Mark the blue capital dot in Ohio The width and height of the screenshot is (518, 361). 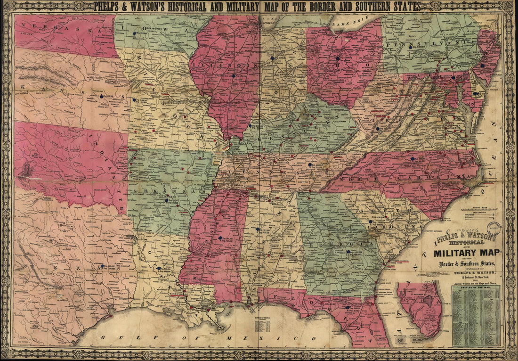(x=338, y=58)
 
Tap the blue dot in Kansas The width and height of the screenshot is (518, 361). (x=101, y=96)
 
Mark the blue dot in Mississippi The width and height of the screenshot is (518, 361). (x=219, y=237)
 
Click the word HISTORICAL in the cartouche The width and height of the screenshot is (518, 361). (x=461, y=242)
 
